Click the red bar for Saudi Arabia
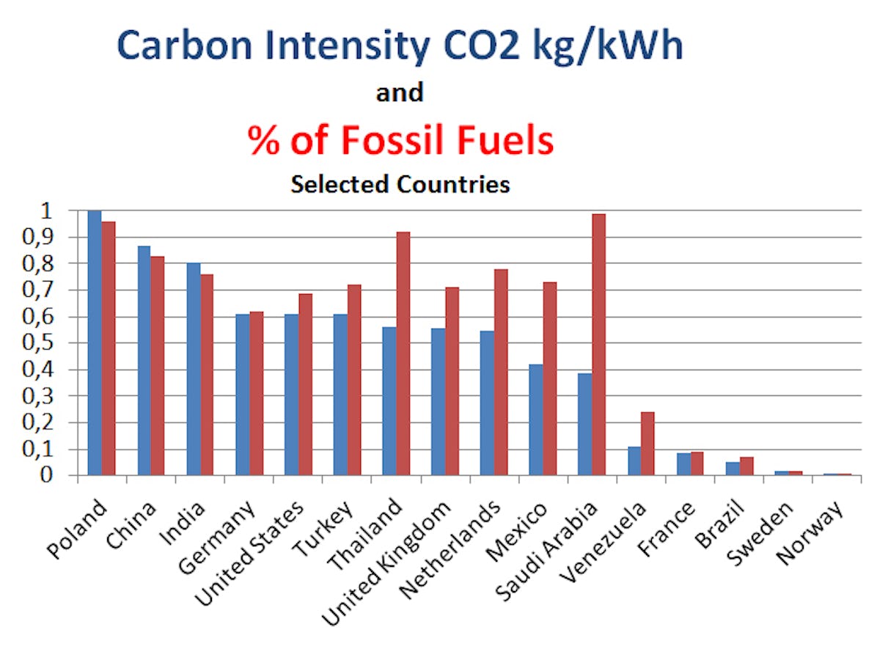pos(598,345)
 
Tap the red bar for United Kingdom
pos(452,381)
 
